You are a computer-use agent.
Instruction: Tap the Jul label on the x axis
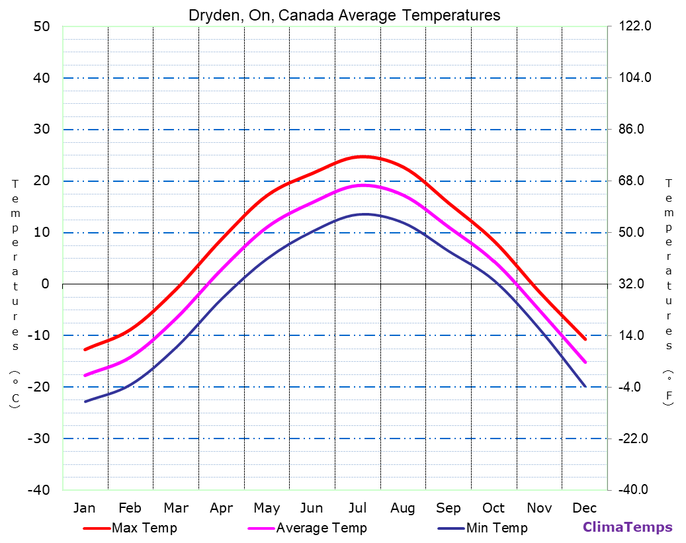pos(357,508)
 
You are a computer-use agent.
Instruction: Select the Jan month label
pos(84,508)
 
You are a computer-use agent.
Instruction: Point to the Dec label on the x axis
pos(585,508)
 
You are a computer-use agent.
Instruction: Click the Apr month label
pos(221,508)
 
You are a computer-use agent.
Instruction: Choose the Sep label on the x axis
pos(449,508)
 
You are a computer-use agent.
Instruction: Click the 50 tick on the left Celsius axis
pos(42,26)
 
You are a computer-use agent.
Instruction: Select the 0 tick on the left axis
pos(46,284)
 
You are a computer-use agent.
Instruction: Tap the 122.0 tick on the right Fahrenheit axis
pos(636,26)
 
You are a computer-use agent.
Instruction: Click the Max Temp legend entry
pos(144,528)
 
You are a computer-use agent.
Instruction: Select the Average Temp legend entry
pos(321,528)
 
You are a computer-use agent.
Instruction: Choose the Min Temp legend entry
pos(496,528)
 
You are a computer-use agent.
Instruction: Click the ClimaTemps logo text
pos(627,527)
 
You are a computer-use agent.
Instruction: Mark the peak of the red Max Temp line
pos(363,157)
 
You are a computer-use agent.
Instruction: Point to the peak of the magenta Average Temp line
pos(363,185)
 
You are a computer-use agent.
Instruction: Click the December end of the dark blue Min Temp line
pos(585,386)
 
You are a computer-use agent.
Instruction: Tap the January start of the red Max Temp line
pos(85,349)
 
